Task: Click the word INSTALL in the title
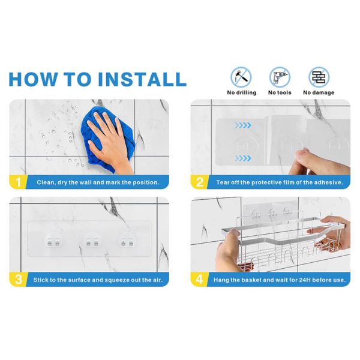click(x=142, y=79)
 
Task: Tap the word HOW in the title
click(x=33, y=79)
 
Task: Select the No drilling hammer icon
click(x=241, y=77)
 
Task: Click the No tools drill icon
click(x=280, y=77)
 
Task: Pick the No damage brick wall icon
click(x=319, y=77)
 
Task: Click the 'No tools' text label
click(x=280, y=93)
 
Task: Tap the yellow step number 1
click(x=18, y=182)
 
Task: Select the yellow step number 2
click(x=200, y=182)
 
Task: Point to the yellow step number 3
click(x=18, y=280)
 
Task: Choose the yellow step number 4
click(x=199, y=280)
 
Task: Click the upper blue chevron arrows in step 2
click(x=243, y=125)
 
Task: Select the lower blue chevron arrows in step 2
click(x=243, y=158)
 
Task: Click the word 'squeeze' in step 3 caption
click(x=116, y=280)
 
